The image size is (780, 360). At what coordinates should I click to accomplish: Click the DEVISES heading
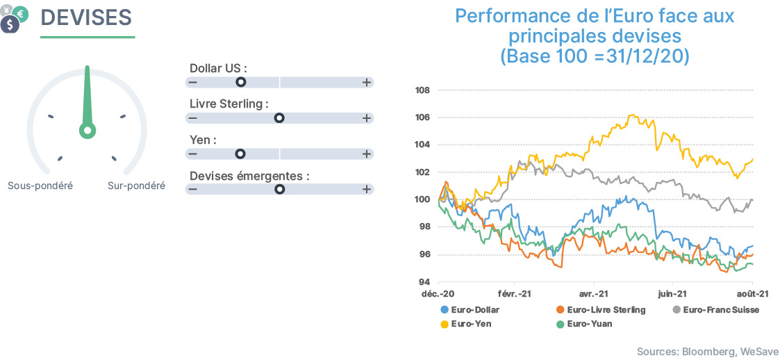(x=85, y=17)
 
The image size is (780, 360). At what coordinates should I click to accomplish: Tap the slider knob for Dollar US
(x=241, y=82)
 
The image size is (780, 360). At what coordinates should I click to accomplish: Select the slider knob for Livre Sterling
(x=280, y=118)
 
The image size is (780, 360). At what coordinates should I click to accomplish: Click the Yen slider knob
(x=241, y=154)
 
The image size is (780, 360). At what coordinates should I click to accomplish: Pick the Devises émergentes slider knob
(x=280, y=189)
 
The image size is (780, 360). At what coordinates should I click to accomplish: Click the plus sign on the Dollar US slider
(x=367, y=82)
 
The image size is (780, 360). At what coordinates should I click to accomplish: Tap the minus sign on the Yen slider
(x=192, y=154)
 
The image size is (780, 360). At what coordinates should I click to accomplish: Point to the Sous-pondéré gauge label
(x=40, y=186)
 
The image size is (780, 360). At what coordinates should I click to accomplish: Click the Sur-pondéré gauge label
(x=136, y=186)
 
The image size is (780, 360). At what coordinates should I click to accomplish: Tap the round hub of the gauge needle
(x=88, y=131)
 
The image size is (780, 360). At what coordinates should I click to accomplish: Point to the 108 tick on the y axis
(x=423, y=90)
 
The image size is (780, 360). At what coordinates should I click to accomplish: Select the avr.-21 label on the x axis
(x=595, y=294)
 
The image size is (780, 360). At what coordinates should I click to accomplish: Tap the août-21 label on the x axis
(x=752, y=294)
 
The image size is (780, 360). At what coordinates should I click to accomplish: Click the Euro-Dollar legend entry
(x=470, y=310)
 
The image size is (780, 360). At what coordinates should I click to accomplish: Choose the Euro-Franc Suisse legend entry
(x=715, y=310)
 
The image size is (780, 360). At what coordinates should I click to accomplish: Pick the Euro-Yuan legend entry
(x=584, y=324)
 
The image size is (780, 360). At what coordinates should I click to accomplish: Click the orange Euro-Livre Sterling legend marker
(x=560, y=310)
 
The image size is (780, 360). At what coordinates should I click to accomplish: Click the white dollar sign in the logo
(x=10, y=24)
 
